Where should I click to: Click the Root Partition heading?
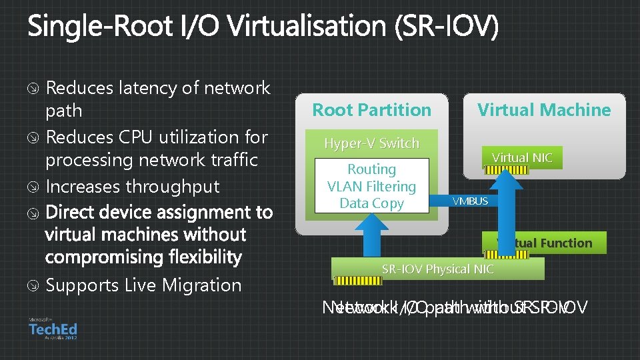[x=372, y=110]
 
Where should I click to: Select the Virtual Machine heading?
[x=544, y=110]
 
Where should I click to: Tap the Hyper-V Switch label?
[x=371, y=143]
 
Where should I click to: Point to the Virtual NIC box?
[x=522, y=158]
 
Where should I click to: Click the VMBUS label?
[x=470, y=201]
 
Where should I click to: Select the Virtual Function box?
[x=545, y=243]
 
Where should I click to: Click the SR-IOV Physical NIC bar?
[x=437, y=269]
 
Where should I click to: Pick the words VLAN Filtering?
[x=371, y=187]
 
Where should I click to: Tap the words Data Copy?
[x=371, y=203]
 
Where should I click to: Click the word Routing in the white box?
[x=371, y=170]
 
